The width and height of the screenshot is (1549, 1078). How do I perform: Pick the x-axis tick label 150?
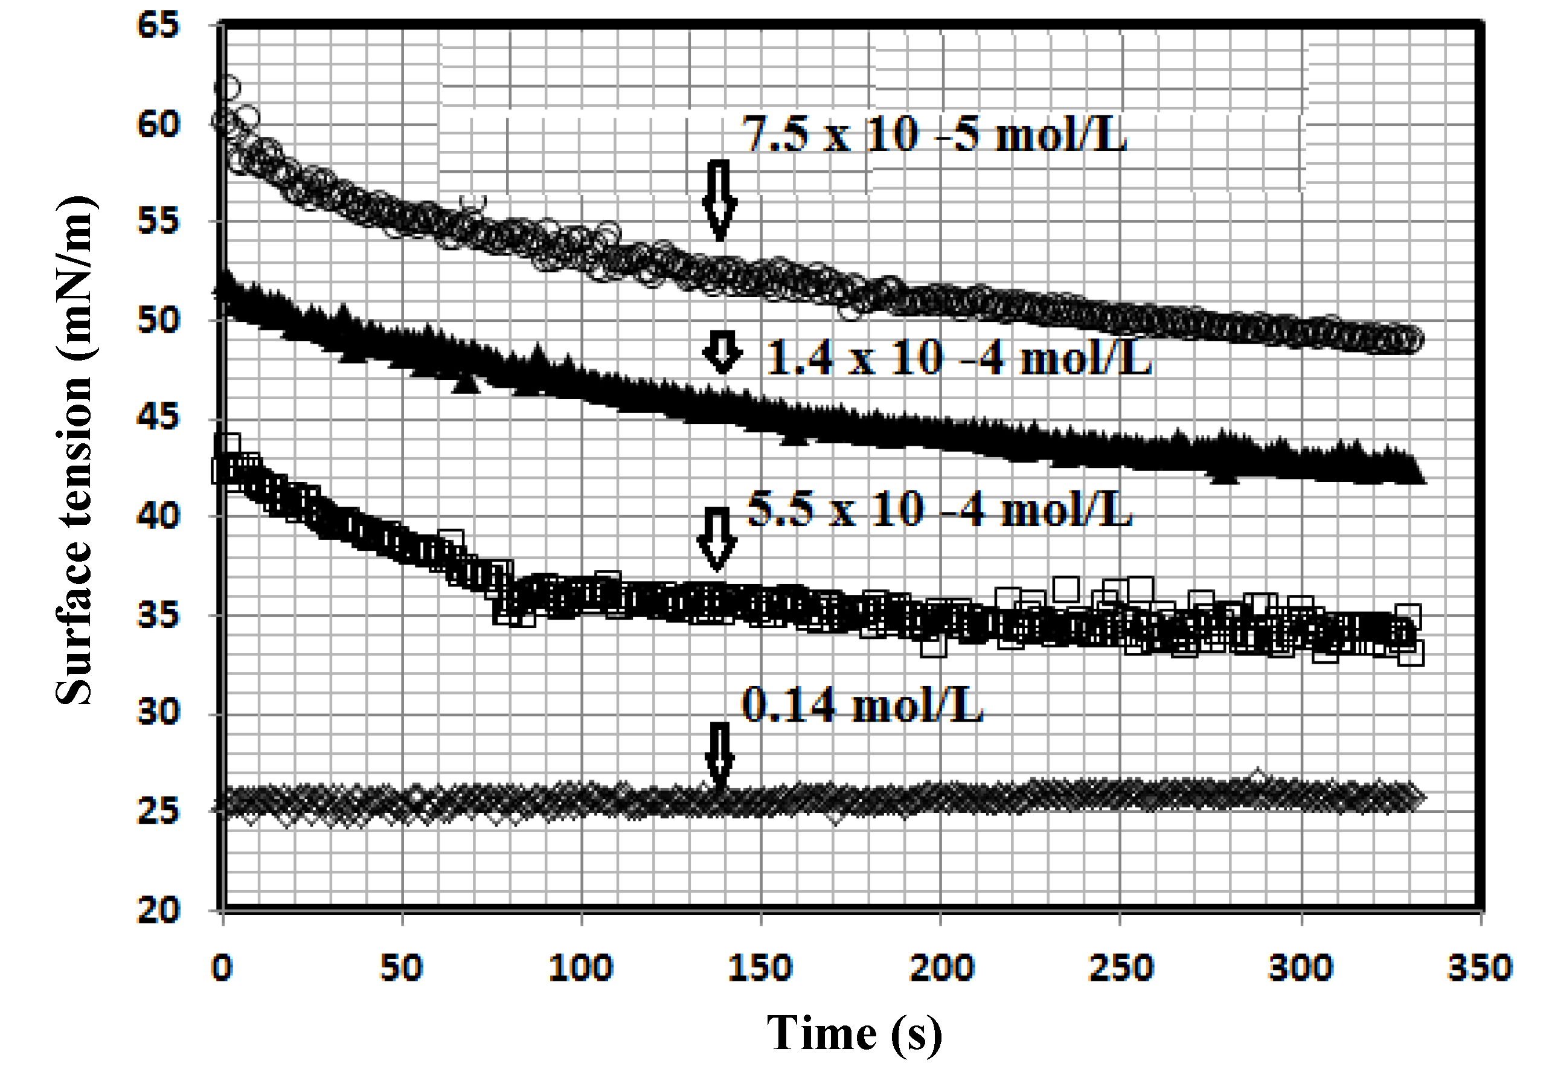tap(760, 967)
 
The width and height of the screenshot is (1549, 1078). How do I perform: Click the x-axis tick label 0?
tap(222, 967)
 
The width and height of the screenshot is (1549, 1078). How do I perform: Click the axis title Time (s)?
tap(854, 1033)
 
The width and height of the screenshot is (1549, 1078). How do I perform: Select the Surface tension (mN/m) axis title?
tap(74, 451)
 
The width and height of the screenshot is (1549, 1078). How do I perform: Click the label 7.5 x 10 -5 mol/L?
tap(934, 133)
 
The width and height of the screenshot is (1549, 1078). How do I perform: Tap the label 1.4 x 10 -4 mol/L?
tap(958, 357)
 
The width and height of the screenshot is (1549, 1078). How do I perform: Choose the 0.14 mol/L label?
tap(862, 705)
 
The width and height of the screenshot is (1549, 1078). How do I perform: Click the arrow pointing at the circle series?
tap(720, 201)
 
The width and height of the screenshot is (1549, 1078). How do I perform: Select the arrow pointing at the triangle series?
tap(722, 351)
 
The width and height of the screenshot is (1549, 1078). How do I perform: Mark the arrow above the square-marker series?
tap(717, 537)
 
